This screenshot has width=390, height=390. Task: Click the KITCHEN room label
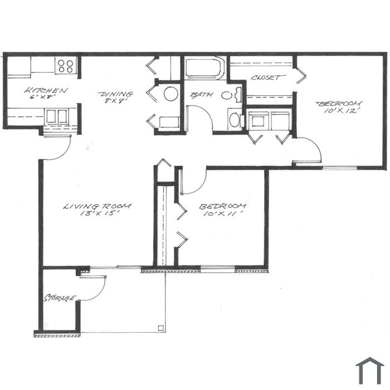(x=46, y=90)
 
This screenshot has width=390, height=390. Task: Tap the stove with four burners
(x=66, y=66)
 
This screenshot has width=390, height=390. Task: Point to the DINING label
(x=116, y=94)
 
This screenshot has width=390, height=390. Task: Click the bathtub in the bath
(x=204, y=68)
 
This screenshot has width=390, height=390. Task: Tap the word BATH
(x=202, y=95)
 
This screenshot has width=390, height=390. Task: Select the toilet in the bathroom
(x=235, y=120)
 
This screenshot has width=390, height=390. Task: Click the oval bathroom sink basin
(x=226, y=95)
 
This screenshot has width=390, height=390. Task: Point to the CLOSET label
(x=265, y=77)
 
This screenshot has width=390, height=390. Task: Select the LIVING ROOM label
(x=97, y=206)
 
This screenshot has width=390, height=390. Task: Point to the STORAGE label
(x=60, y=298)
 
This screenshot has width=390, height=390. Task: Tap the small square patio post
(x=161, y=328)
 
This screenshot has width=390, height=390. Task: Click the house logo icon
(x=370, y=370)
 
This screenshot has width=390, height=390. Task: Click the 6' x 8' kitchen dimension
(x=42, y=96)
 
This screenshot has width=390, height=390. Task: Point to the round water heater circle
(x=171, y=94)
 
